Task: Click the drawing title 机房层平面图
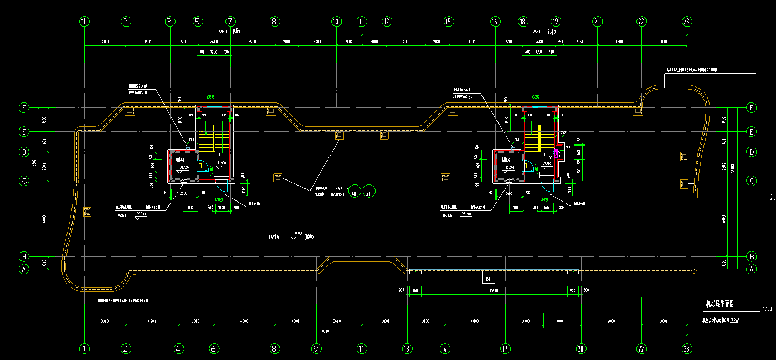(720, 304)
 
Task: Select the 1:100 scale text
(767, 309)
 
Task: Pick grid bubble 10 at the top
(336, 22)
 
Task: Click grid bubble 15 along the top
(449, 22)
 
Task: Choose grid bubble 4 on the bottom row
(178, 349)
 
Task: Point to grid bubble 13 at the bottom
(407, 349)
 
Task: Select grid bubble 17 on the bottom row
(505, 349)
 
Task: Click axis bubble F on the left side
(24, 108)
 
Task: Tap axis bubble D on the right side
(752, 151)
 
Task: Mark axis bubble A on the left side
(24, 270)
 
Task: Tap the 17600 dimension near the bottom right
(495, 290)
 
